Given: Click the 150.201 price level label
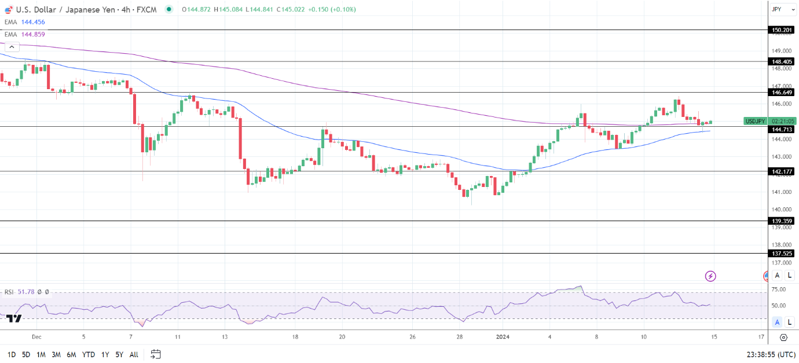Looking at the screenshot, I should (782, 30).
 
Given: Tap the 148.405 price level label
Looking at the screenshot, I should (782, 61).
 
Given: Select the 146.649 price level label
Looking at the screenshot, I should (782, 92).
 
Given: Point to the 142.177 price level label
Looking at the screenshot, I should (782, 171).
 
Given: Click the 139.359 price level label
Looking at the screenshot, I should (782, 221).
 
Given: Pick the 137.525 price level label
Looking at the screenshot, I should (782, 254).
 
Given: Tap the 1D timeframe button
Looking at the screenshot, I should (11, 354).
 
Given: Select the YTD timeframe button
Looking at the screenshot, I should (89, 354).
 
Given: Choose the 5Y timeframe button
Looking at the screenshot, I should (119, 354).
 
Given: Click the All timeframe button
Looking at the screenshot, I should (134, 354).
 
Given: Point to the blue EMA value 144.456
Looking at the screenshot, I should (33, 22).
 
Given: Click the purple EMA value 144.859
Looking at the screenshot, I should (33, 34).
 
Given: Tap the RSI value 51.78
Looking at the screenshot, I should (25, 292).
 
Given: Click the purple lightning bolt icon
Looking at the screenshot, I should (710, 276).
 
